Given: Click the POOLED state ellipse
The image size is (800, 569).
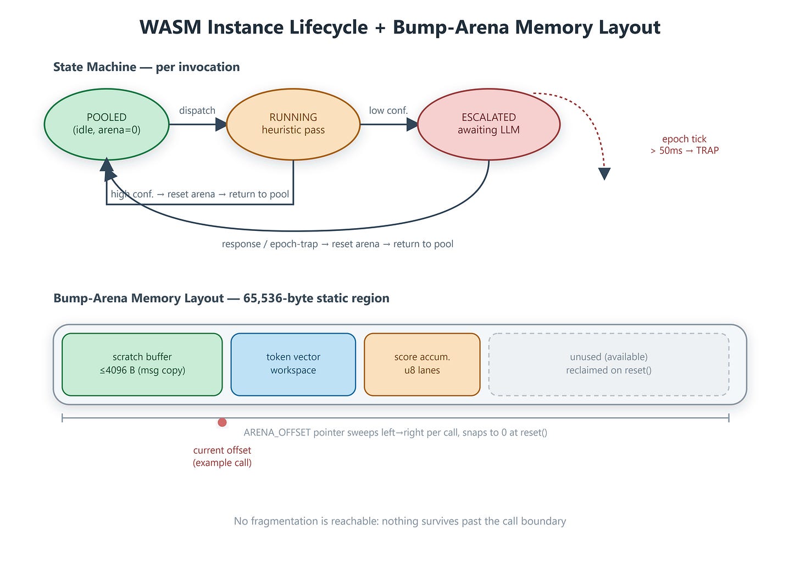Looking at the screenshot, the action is [107, 124].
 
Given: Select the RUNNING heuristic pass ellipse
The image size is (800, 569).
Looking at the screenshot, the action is [293, 124].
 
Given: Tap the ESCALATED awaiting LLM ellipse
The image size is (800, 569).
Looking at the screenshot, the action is [488, 124].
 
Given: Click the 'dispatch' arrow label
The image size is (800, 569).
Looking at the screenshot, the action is [197, 111].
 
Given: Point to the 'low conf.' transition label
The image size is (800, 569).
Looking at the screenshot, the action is [388, 111].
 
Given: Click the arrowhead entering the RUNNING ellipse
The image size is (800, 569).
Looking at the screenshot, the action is [221, 124].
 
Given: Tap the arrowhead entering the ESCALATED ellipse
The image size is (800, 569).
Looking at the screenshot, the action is [412, 124].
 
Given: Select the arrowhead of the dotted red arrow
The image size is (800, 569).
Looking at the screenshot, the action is [604, 174].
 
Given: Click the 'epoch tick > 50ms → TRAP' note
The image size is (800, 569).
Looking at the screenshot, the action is [684, 145].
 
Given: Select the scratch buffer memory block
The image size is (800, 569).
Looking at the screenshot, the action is [142, 364].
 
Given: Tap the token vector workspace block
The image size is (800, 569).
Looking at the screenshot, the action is [293, 364].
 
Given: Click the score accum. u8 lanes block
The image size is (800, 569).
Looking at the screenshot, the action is [422, 364].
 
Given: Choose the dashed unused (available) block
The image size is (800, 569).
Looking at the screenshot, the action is [609, 364].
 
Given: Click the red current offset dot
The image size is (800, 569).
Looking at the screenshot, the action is [222, 422].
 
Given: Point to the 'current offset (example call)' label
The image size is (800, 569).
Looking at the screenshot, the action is [222, 456].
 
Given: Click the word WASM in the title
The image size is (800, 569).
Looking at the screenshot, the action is [170, 27].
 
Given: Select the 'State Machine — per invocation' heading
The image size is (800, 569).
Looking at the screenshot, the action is [146, 67].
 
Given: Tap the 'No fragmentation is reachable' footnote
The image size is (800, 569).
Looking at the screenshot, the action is [400, 521].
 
